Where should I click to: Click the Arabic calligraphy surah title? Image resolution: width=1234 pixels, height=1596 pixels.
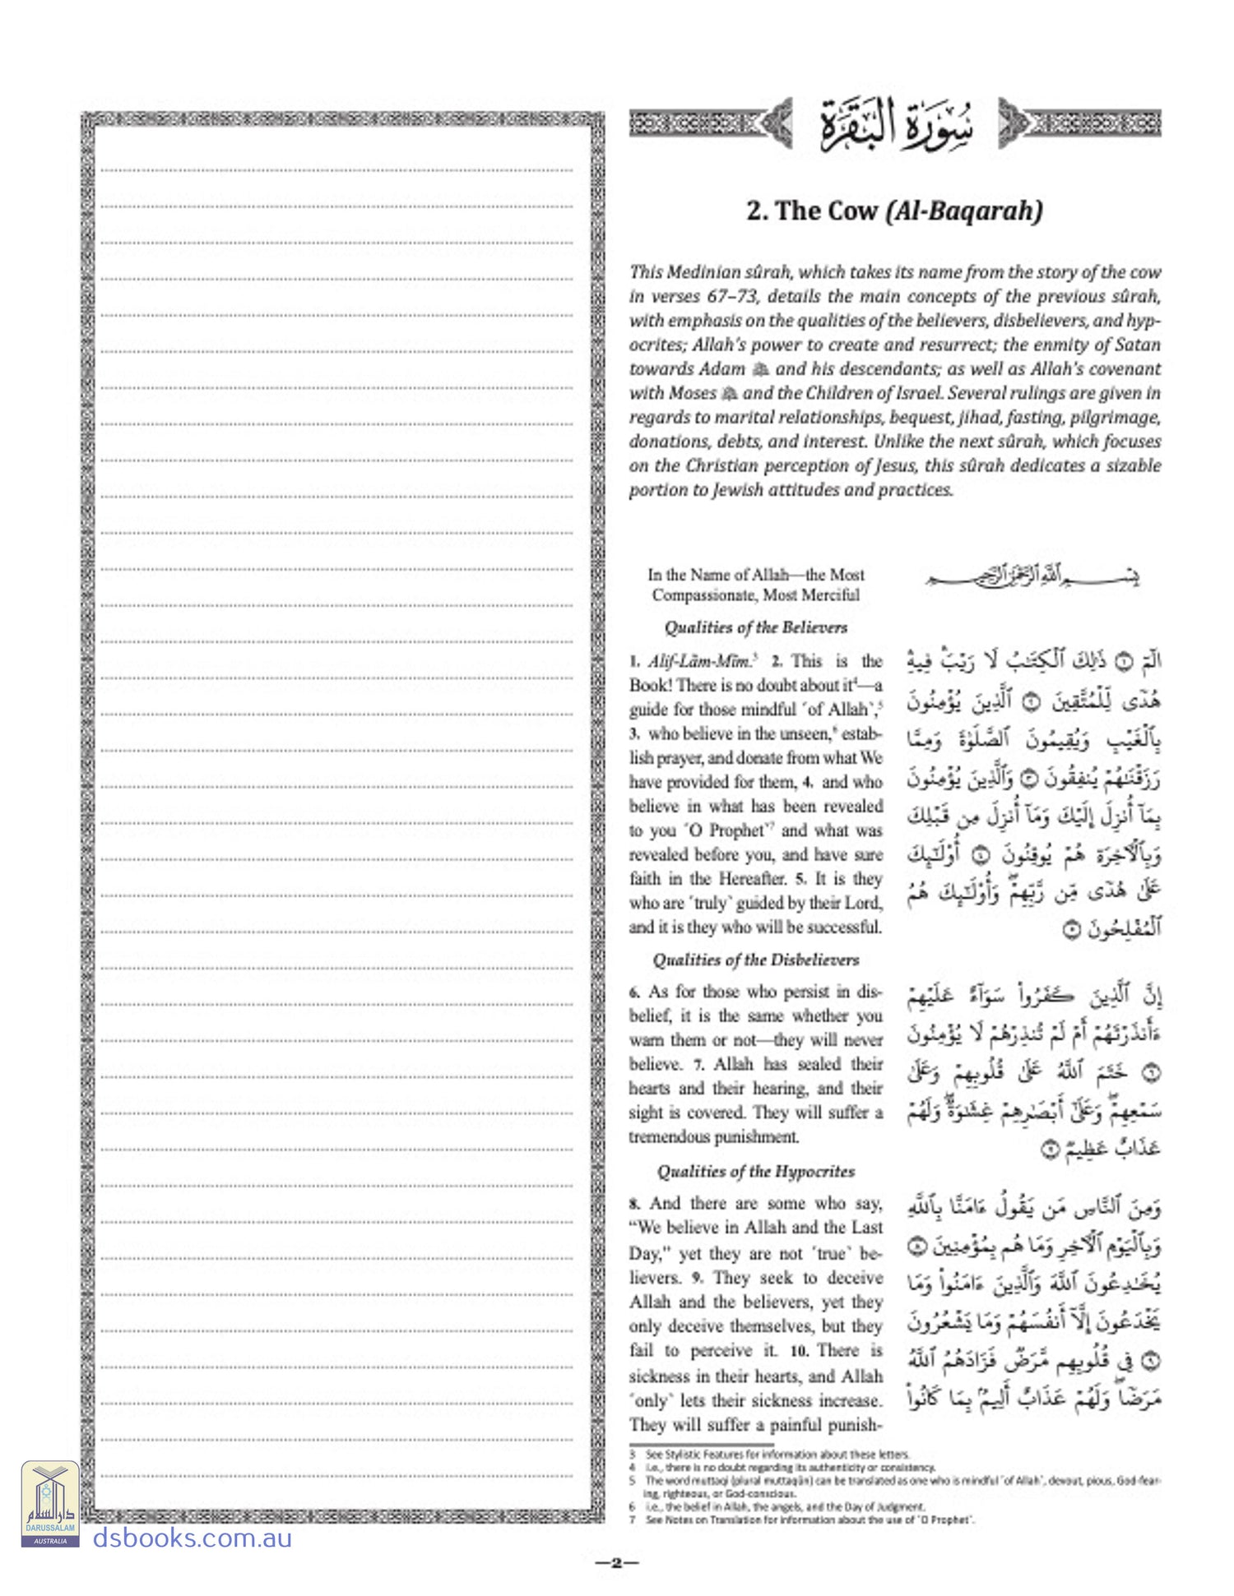(895, 125)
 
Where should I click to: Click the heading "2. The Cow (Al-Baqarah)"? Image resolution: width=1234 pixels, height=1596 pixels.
(894, 211)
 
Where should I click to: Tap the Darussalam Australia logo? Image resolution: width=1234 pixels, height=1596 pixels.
(50, 1503)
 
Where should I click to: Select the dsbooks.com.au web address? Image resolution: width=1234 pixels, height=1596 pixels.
(192, 1537)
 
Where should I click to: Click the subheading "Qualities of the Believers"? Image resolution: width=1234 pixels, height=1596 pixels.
(755, 627)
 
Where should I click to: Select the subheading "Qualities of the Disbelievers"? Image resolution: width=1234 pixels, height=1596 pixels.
(755, 960)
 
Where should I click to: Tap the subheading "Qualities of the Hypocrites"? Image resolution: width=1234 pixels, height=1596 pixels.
(755, 1171)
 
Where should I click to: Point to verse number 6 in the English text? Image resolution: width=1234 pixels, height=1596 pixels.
(634, 992)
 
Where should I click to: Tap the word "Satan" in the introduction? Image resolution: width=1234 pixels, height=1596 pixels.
(1136, 345)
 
